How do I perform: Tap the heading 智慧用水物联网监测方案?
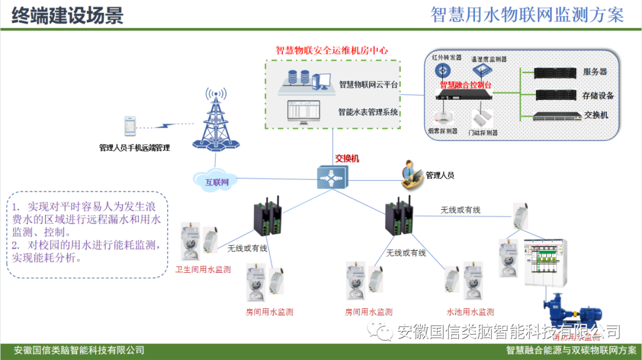(x=527, y=15)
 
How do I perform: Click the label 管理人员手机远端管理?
(x=134, y=148)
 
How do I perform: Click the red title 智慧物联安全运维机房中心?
(x=332, y=50)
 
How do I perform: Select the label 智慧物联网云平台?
(x=369, y=84)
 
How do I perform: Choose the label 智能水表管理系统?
(x=369, y=112)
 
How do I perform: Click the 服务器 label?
(x=594, y=72)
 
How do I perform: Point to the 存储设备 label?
(x=597, y=95)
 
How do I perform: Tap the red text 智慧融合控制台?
(x=465, y=85)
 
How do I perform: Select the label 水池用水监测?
(x=470, y=312)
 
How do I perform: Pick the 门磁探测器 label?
(x=483, y=132)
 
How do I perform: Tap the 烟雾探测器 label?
(x=443, y=131)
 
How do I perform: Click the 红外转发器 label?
(x=446, y=58)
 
